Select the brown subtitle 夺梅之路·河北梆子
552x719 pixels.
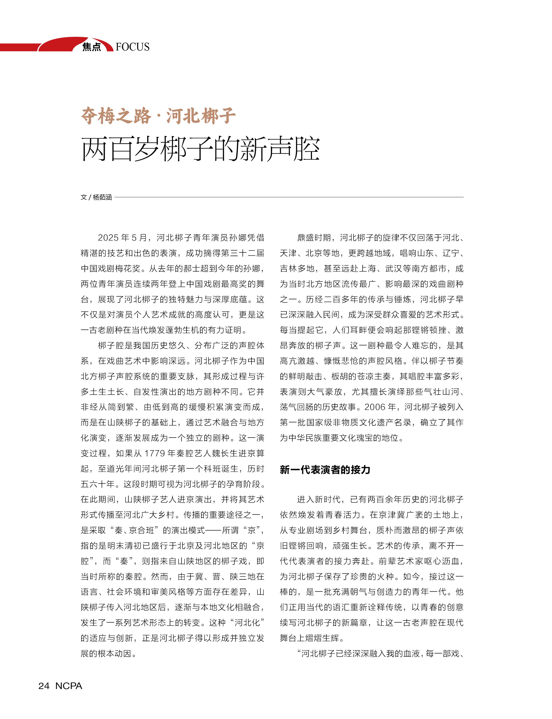tap(158, 116)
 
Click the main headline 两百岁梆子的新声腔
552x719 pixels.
tap(200, 150)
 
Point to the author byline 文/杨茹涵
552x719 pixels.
tap(96, 197)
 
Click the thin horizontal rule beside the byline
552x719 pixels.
tap(289, 197)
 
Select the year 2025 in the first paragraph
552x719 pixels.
tap(108, 238)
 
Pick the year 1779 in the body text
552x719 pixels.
tap(154, 453)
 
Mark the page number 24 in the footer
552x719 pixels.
tap(44, 686)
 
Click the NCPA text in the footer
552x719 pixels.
tap(69, 686)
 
